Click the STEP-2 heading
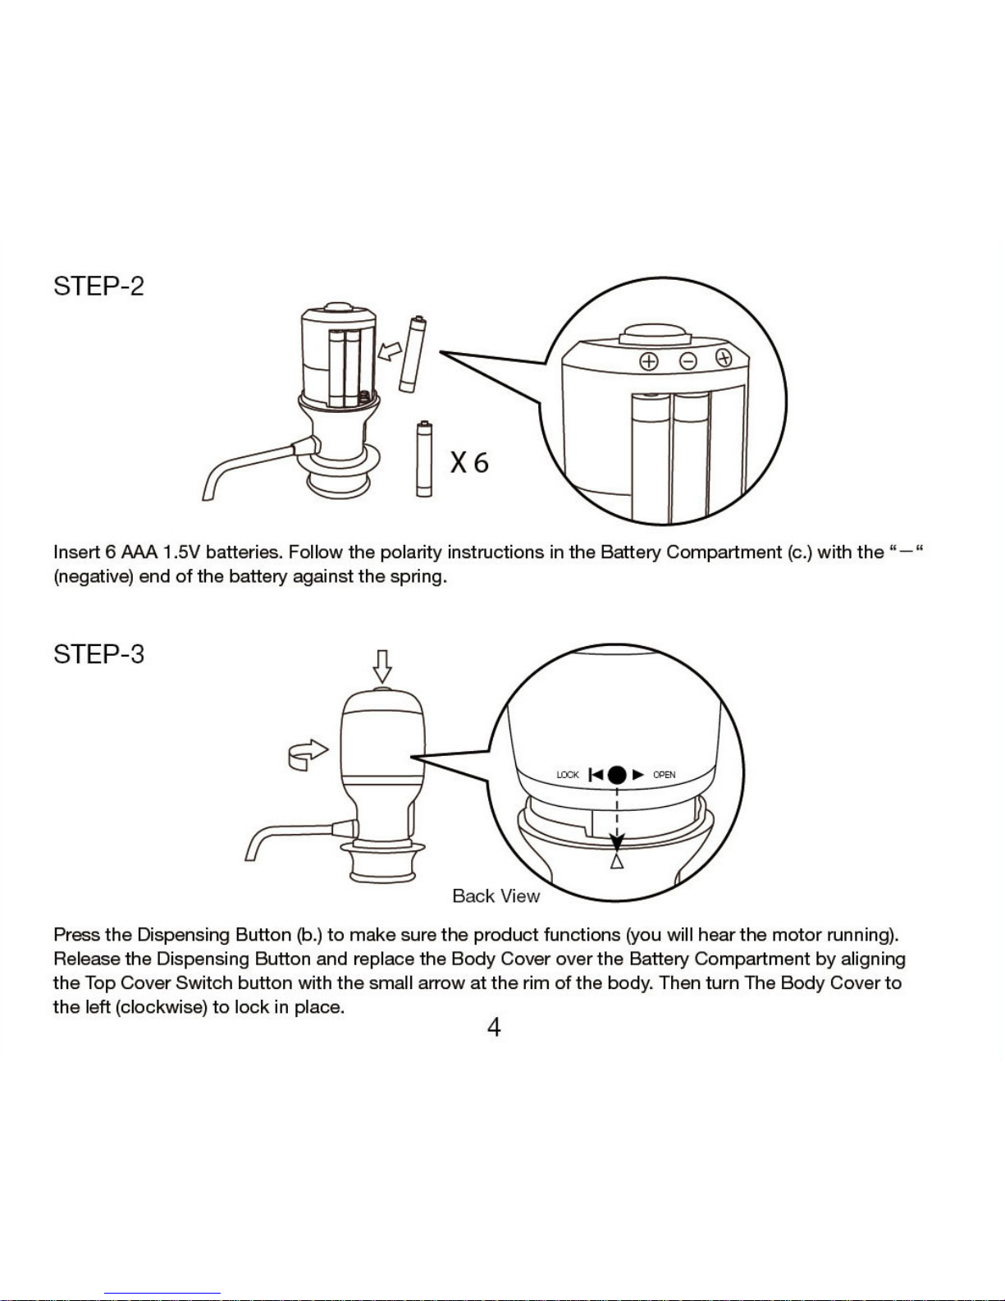(x=98, y=286)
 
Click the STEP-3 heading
(x=98, y=654)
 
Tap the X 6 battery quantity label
(x=469, y=462)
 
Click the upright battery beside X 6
(x=424, y=459)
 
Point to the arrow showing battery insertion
(x=390, y=351)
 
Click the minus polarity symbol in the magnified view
(x=688, y=361)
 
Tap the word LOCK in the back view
(x=568, y=775)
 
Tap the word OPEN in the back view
(x=664, y=775)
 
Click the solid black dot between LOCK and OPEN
(x=617, y=775)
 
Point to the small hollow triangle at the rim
(x=617, y=861)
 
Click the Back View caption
(x=496, y=896)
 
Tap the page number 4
(x=494, y=1028)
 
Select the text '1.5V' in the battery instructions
(x=181, y=552)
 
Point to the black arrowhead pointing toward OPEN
(x=638, y=775)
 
